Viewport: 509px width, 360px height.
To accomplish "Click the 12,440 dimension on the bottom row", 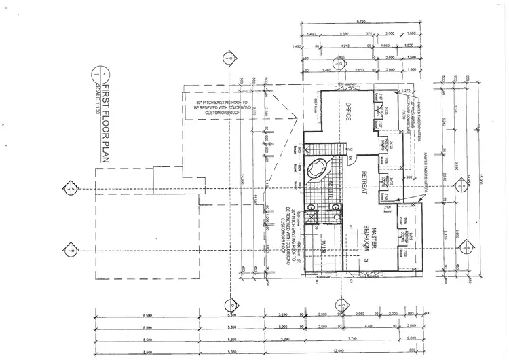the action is (352, 351).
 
